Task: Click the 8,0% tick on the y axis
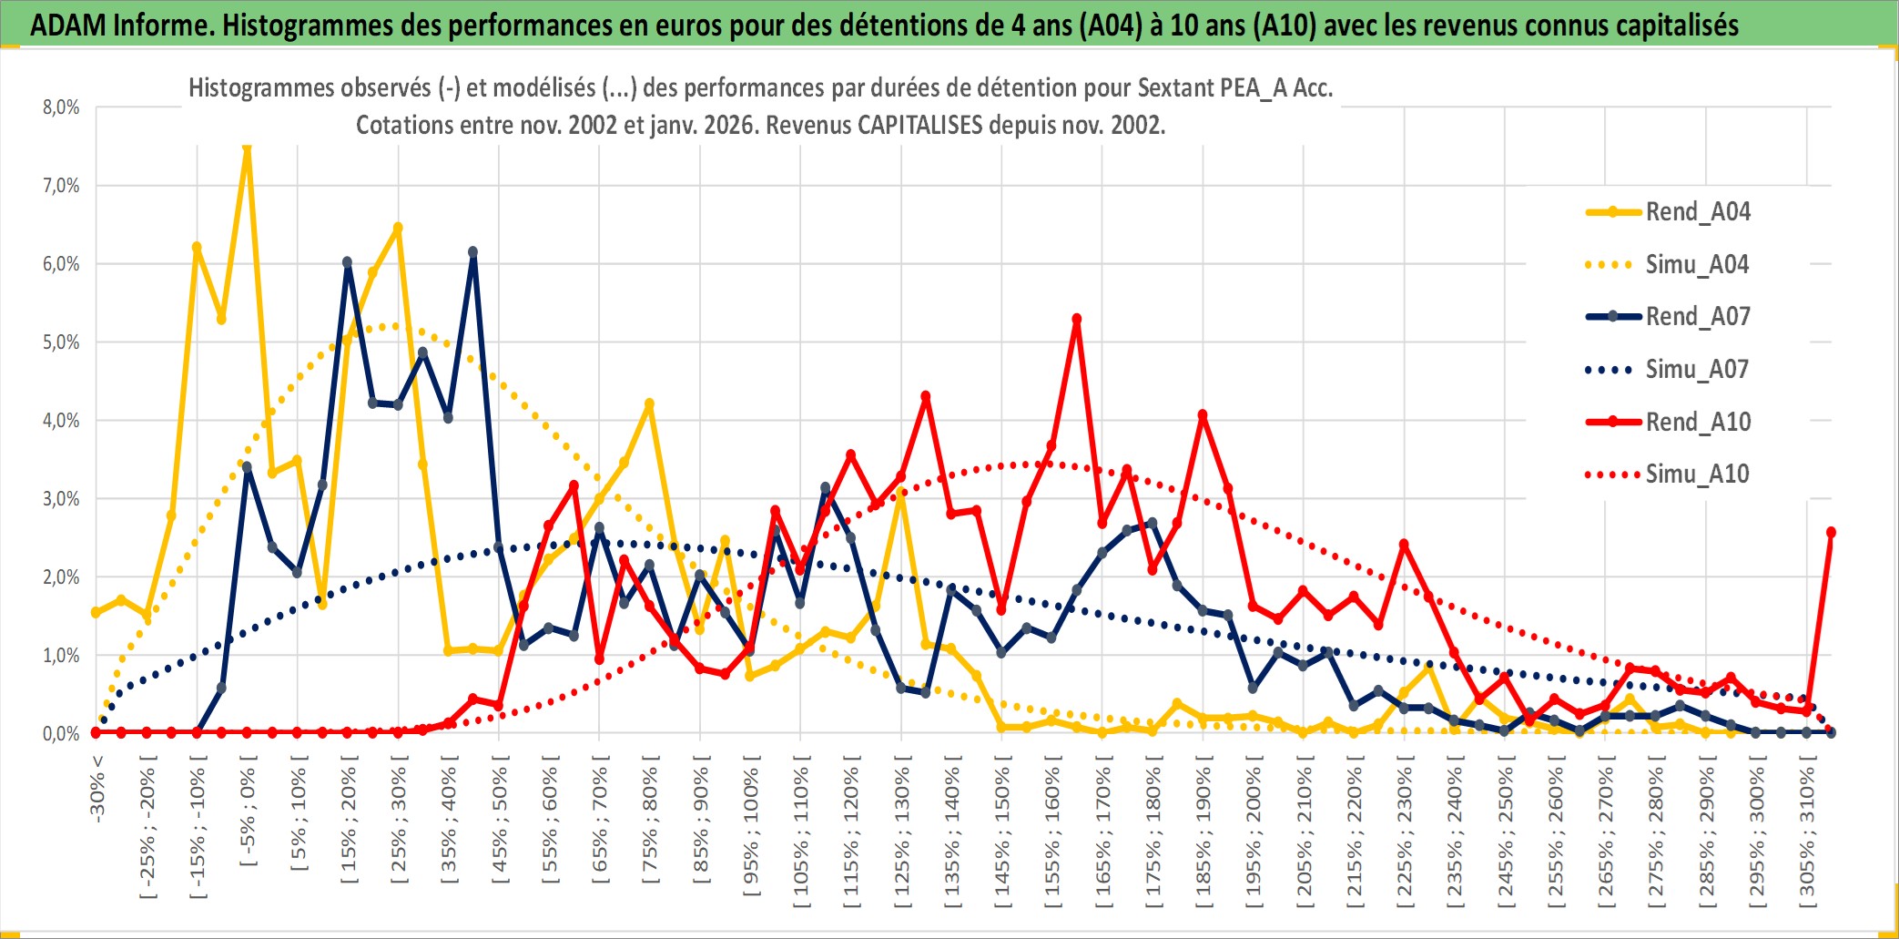61,107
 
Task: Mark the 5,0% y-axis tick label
61,342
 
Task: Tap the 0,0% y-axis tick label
61,734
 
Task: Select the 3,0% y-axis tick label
61,499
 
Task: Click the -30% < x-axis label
97,789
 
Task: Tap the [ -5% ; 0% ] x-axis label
248,815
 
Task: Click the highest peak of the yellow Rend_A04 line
247,148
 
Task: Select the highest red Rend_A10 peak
1077,319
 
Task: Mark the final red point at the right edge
1831,532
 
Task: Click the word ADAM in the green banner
67,25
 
